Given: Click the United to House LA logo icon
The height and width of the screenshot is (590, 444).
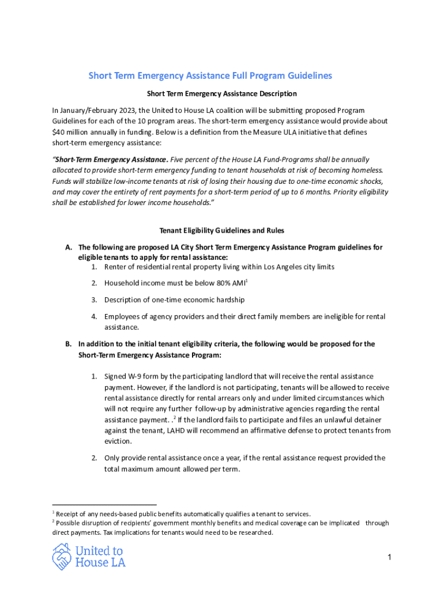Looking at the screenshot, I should [62, 557].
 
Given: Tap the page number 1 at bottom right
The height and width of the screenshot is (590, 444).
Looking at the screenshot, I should [390, 557].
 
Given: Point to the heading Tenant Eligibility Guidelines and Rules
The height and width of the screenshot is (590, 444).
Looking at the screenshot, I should [221, 230].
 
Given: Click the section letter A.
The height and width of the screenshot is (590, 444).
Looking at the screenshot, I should [69, 247].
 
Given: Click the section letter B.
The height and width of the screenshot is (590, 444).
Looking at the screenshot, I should [69, 344].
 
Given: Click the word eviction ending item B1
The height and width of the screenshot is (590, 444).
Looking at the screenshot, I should [118, 441].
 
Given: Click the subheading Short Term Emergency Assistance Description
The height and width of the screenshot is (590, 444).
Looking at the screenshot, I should [221, 93].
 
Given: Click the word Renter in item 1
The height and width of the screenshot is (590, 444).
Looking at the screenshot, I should [115, 267].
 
